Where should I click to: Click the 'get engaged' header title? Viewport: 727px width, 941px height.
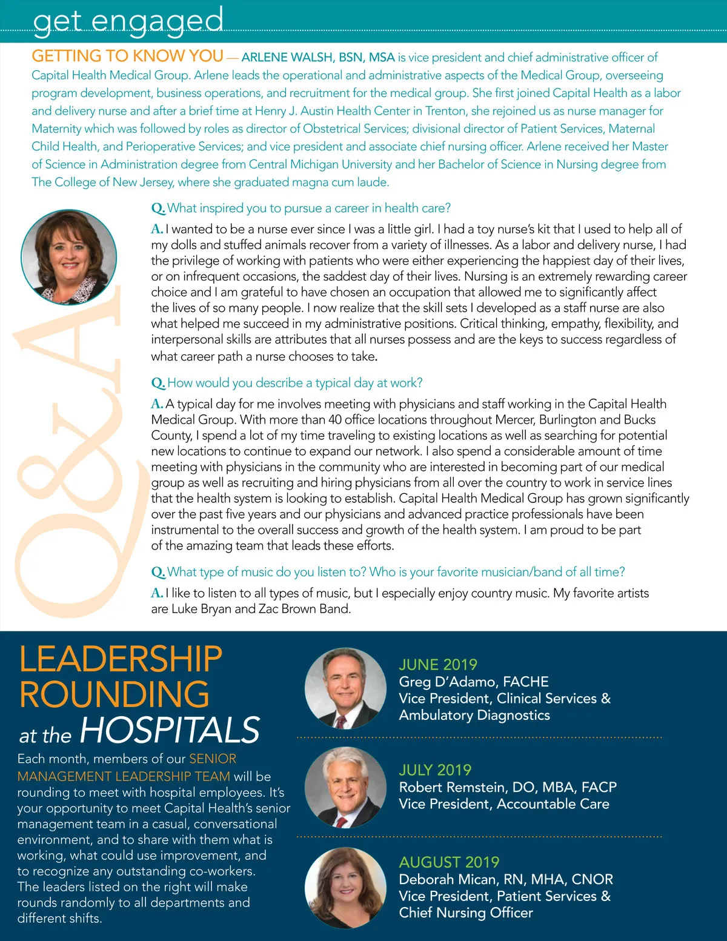coord(128,20)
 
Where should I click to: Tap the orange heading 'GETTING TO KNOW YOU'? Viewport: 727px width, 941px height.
coord(127,56)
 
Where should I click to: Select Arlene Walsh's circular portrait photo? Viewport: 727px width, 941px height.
coord(68,257)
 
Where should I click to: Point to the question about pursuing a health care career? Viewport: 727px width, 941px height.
coord(301,208)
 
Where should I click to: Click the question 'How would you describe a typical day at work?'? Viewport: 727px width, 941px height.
coord(287,383)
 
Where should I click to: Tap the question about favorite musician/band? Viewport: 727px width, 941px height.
coord(388,572)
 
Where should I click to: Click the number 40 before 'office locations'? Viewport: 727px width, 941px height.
coord(335,420)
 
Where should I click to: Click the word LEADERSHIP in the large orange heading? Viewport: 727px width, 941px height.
coord(121,659)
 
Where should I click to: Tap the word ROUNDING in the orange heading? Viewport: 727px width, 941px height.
coord(114,694)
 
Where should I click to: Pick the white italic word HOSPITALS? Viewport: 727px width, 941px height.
coord(170,730)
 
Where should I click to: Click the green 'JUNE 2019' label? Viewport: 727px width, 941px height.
coord(438,665)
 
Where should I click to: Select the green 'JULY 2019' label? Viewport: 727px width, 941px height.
coord(435,770)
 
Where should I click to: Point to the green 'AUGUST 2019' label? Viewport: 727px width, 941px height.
coord(449,862)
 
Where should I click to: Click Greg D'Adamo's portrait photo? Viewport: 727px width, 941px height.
coord(345,688)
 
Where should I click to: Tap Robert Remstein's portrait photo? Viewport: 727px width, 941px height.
coord(345,788)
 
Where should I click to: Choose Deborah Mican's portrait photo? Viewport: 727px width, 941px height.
coord(345,888)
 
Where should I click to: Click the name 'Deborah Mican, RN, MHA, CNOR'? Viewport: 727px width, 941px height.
coord(506,879)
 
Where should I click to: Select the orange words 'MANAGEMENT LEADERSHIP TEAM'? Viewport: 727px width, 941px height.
coord(124,776)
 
